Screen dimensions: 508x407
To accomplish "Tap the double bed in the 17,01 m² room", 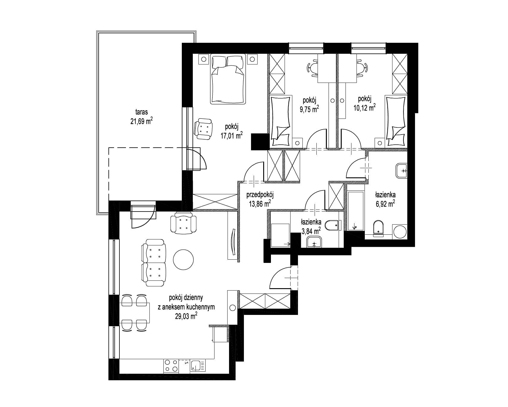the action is (228, 79).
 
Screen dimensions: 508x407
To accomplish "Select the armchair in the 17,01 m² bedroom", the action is (203, 129).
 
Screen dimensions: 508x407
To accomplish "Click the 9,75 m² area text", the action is (309, 108).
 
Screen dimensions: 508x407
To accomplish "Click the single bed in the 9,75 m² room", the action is (281, 121).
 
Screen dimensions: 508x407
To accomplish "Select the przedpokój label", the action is (260, 195).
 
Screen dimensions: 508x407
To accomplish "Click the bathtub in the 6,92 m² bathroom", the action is (355, 208).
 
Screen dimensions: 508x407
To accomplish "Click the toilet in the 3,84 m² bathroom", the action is (332, 226).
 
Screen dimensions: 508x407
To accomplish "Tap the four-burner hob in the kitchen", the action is (171, 365).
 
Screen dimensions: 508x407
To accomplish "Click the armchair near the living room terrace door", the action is (184, 223).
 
